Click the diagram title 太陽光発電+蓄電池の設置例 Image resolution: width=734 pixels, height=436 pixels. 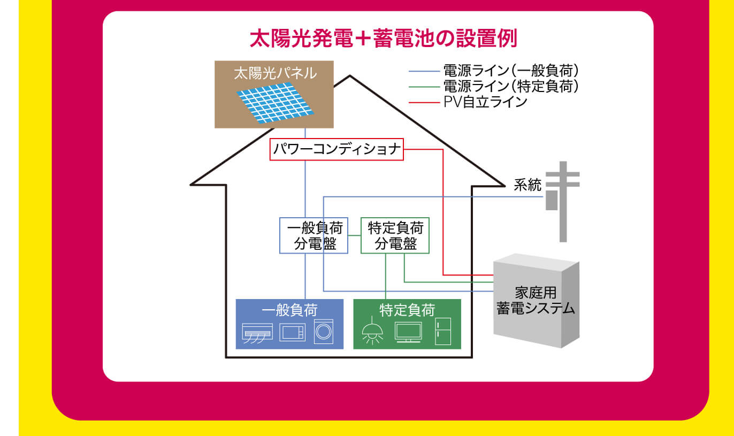click(383, 39)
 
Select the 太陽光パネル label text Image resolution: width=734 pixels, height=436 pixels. click(275, 73)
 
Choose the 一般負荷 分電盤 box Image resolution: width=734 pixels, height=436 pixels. click(314, 235)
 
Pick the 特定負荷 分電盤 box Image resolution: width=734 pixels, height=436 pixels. click(395, 235)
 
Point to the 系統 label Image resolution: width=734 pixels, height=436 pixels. click(527, 185)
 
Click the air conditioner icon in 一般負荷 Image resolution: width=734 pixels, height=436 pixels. click(258, 333)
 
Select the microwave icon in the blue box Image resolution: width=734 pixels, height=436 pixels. click(292, 332)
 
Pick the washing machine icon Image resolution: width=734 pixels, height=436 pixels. click(324, 331)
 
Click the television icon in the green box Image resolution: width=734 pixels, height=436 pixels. click(408, 332)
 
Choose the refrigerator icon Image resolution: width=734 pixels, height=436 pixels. click(443, 331)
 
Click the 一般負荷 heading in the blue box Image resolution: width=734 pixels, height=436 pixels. click(289, 310)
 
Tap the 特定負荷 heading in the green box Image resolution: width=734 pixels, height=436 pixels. click(407, 310)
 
